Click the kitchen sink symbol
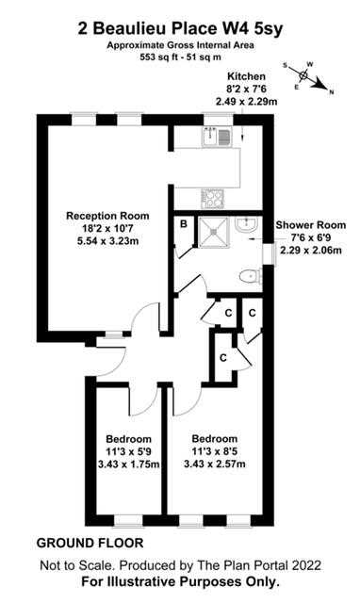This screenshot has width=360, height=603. pos(217,137)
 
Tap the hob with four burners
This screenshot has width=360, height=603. pos(213,199)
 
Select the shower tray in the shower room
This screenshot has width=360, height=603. pos(213,233)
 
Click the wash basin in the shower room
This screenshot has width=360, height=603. pos(246,224)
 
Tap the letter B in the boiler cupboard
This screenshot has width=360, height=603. pos(184,224)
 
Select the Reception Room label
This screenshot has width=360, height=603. pos(107,216)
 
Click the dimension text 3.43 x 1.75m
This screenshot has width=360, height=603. pos(129,464)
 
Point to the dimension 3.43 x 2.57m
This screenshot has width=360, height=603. pos(215,464)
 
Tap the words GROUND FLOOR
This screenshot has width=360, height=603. pos(90,544)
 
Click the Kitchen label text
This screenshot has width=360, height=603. pos(246,76)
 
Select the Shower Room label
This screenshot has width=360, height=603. pos(311,225)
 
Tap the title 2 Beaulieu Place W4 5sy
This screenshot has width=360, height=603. pos(180,29)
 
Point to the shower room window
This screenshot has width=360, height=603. pos(272,253)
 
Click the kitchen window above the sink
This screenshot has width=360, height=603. pos(218,119)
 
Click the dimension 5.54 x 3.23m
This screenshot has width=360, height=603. pos(107,241)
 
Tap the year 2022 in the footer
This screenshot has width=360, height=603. pos(306,565)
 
